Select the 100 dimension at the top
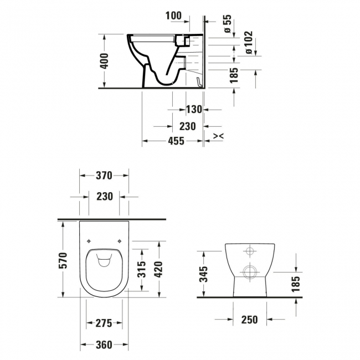pyautogui.click(x=174, y=16)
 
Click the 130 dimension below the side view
pyautogui.click(x=193, y=110)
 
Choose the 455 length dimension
pyautogui.click(x=176, y=141)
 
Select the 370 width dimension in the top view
pyautogui.click(x=104, y=176)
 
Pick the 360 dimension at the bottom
pyautogui.click(x=104, y=345)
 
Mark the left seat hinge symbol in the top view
pyautogui.click(x=89, y=240)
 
